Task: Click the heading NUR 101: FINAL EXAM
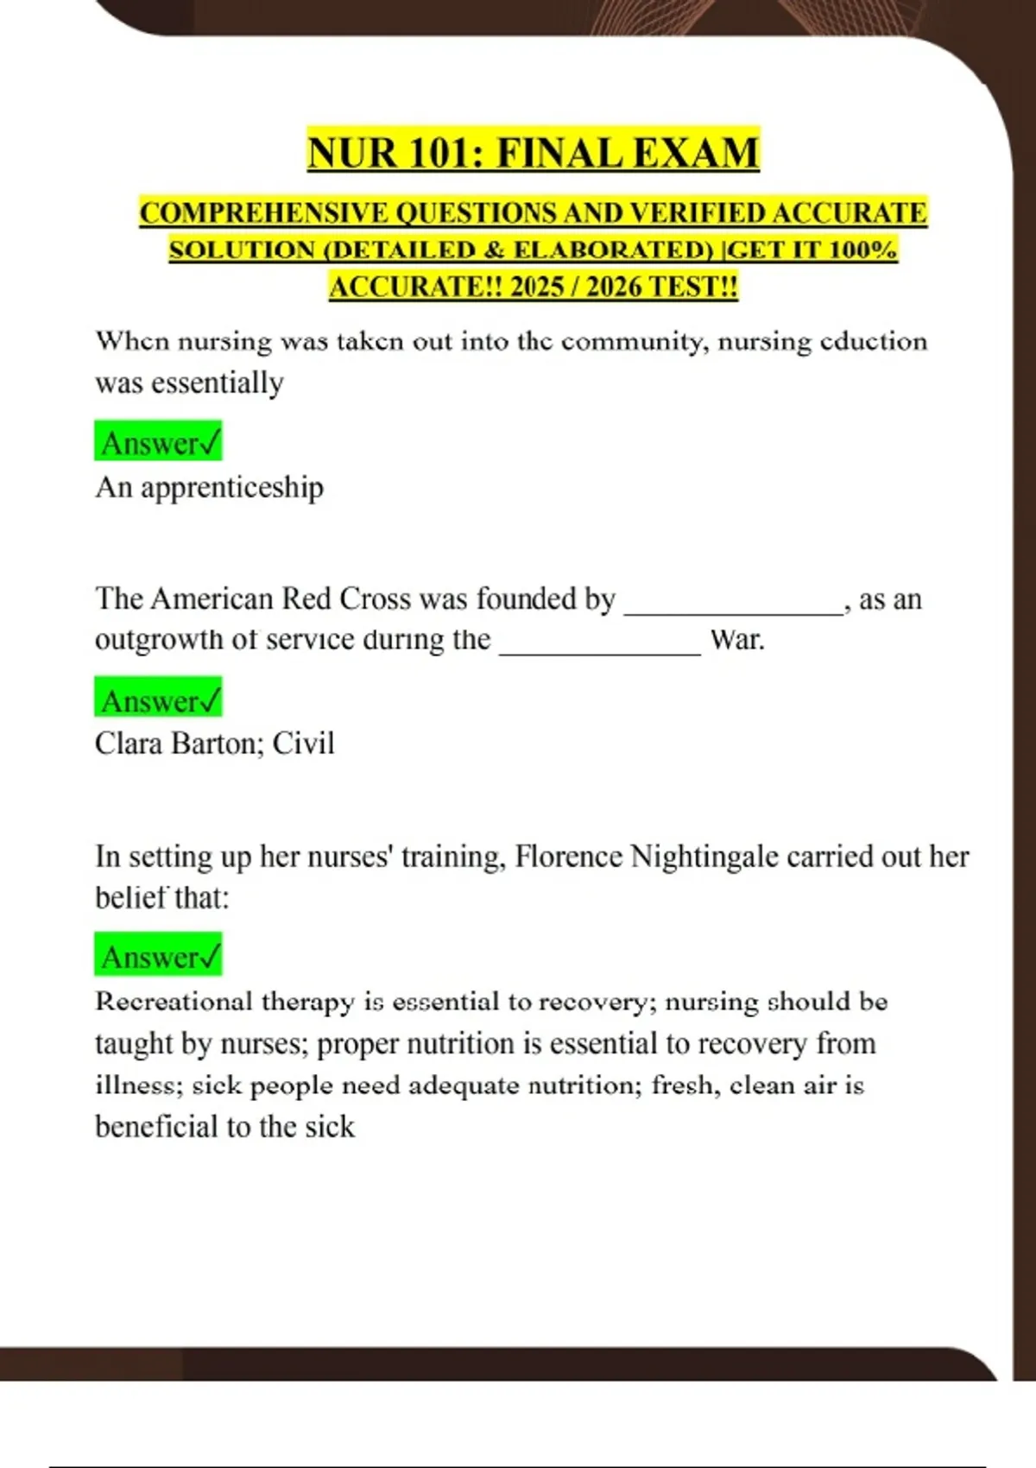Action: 533,153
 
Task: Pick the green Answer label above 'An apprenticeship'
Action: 159,443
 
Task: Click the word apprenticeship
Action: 232,488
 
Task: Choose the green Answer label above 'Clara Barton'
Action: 159,700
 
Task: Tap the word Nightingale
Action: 704,857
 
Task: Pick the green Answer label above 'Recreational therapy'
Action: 159,956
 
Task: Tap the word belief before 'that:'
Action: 130,898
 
